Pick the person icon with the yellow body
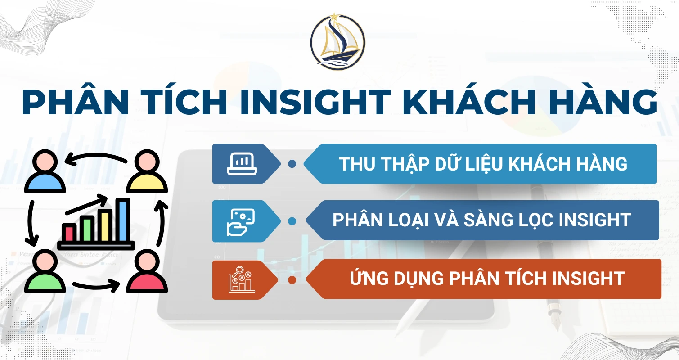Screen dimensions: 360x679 (x=147, y=173)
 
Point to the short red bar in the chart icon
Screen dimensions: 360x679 (x=69, y=233)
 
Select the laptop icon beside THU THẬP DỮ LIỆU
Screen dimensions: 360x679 (x=241, y=164)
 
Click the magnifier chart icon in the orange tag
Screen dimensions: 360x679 (x=241, y=279)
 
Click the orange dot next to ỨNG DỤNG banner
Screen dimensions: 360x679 (x=292, y=280)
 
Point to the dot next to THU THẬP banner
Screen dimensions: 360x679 (x=292, y=164)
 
